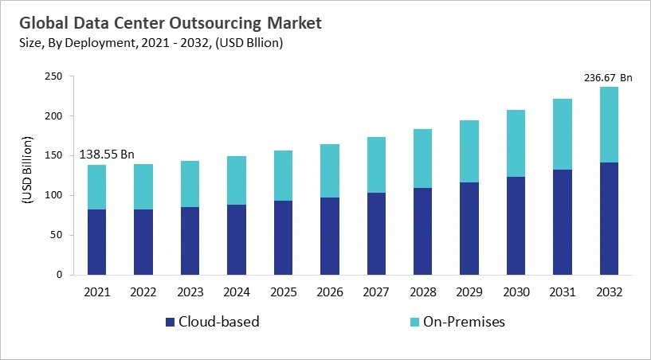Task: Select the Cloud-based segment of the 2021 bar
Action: tap(96, 242)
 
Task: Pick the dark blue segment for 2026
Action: tap(329, 236)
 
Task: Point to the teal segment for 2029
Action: tap(469, 151)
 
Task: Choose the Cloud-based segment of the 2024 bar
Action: tap(236, 240)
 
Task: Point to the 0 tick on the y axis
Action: tap(59, 275)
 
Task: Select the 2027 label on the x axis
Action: tap(375, 292)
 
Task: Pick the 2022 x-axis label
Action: tap(143, 292)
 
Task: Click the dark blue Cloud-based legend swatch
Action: tap(170, 323)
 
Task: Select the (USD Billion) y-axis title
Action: tap(26, 175)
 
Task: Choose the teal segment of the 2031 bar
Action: tap(562, 134)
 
